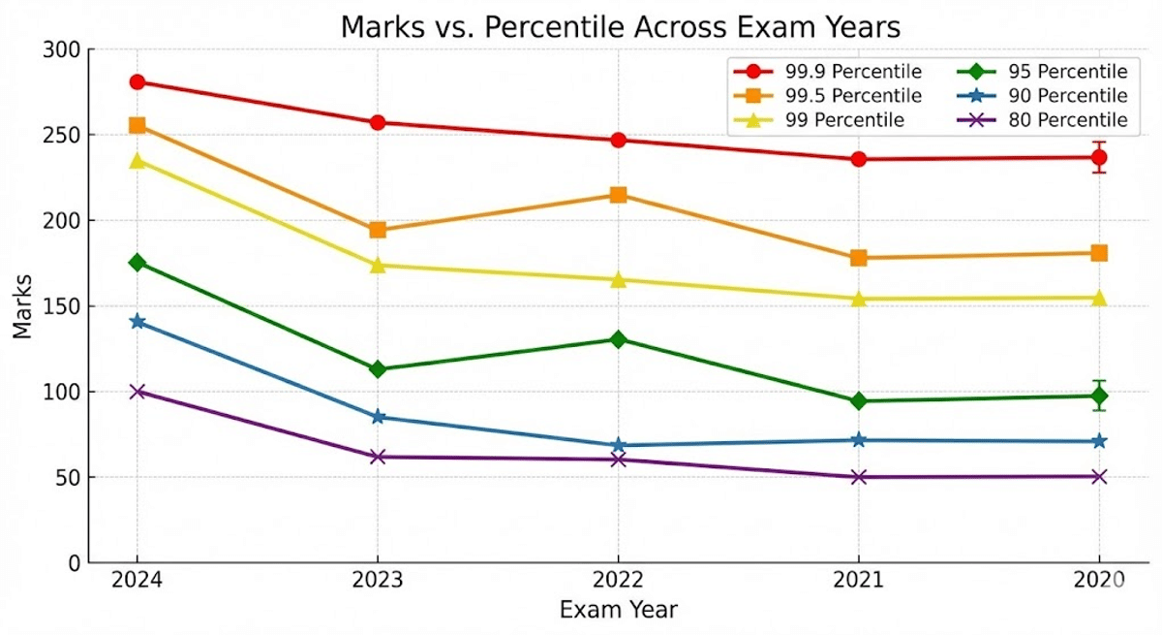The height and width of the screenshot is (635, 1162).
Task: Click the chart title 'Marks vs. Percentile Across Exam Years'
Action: (620, 28)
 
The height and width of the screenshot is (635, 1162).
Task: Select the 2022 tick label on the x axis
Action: (618, 581)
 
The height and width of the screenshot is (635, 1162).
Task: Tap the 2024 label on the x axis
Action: (137, 581)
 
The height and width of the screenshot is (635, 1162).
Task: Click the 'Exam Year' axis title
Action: (618, 611)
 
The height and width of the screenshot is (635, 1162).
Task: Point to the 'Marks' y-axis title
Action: (22, 306)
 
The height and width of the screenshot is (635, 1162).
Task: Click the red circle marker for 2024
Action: (138, 82)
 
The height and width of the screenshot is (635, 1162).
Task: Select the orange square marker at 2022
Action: (618, 195)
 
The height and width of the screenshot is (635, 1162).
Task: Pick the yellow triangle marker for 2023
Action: (378, 265)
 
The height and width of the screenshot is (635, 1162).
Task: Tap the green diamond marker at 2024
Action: (138, 263)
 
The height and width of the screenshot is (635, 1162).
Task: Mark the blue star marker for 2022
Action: (618, 445)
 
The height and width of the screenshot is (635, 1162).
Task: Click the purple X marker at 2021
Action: (858, 477)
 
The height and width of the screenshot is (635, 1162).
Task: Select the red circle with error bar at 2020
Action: (1099, 157)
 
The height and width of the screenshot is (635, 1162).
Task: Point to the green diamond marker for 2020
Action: (1099, 396)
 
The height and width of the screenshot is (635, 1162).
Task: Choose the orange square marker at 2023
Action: (378, 230)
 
